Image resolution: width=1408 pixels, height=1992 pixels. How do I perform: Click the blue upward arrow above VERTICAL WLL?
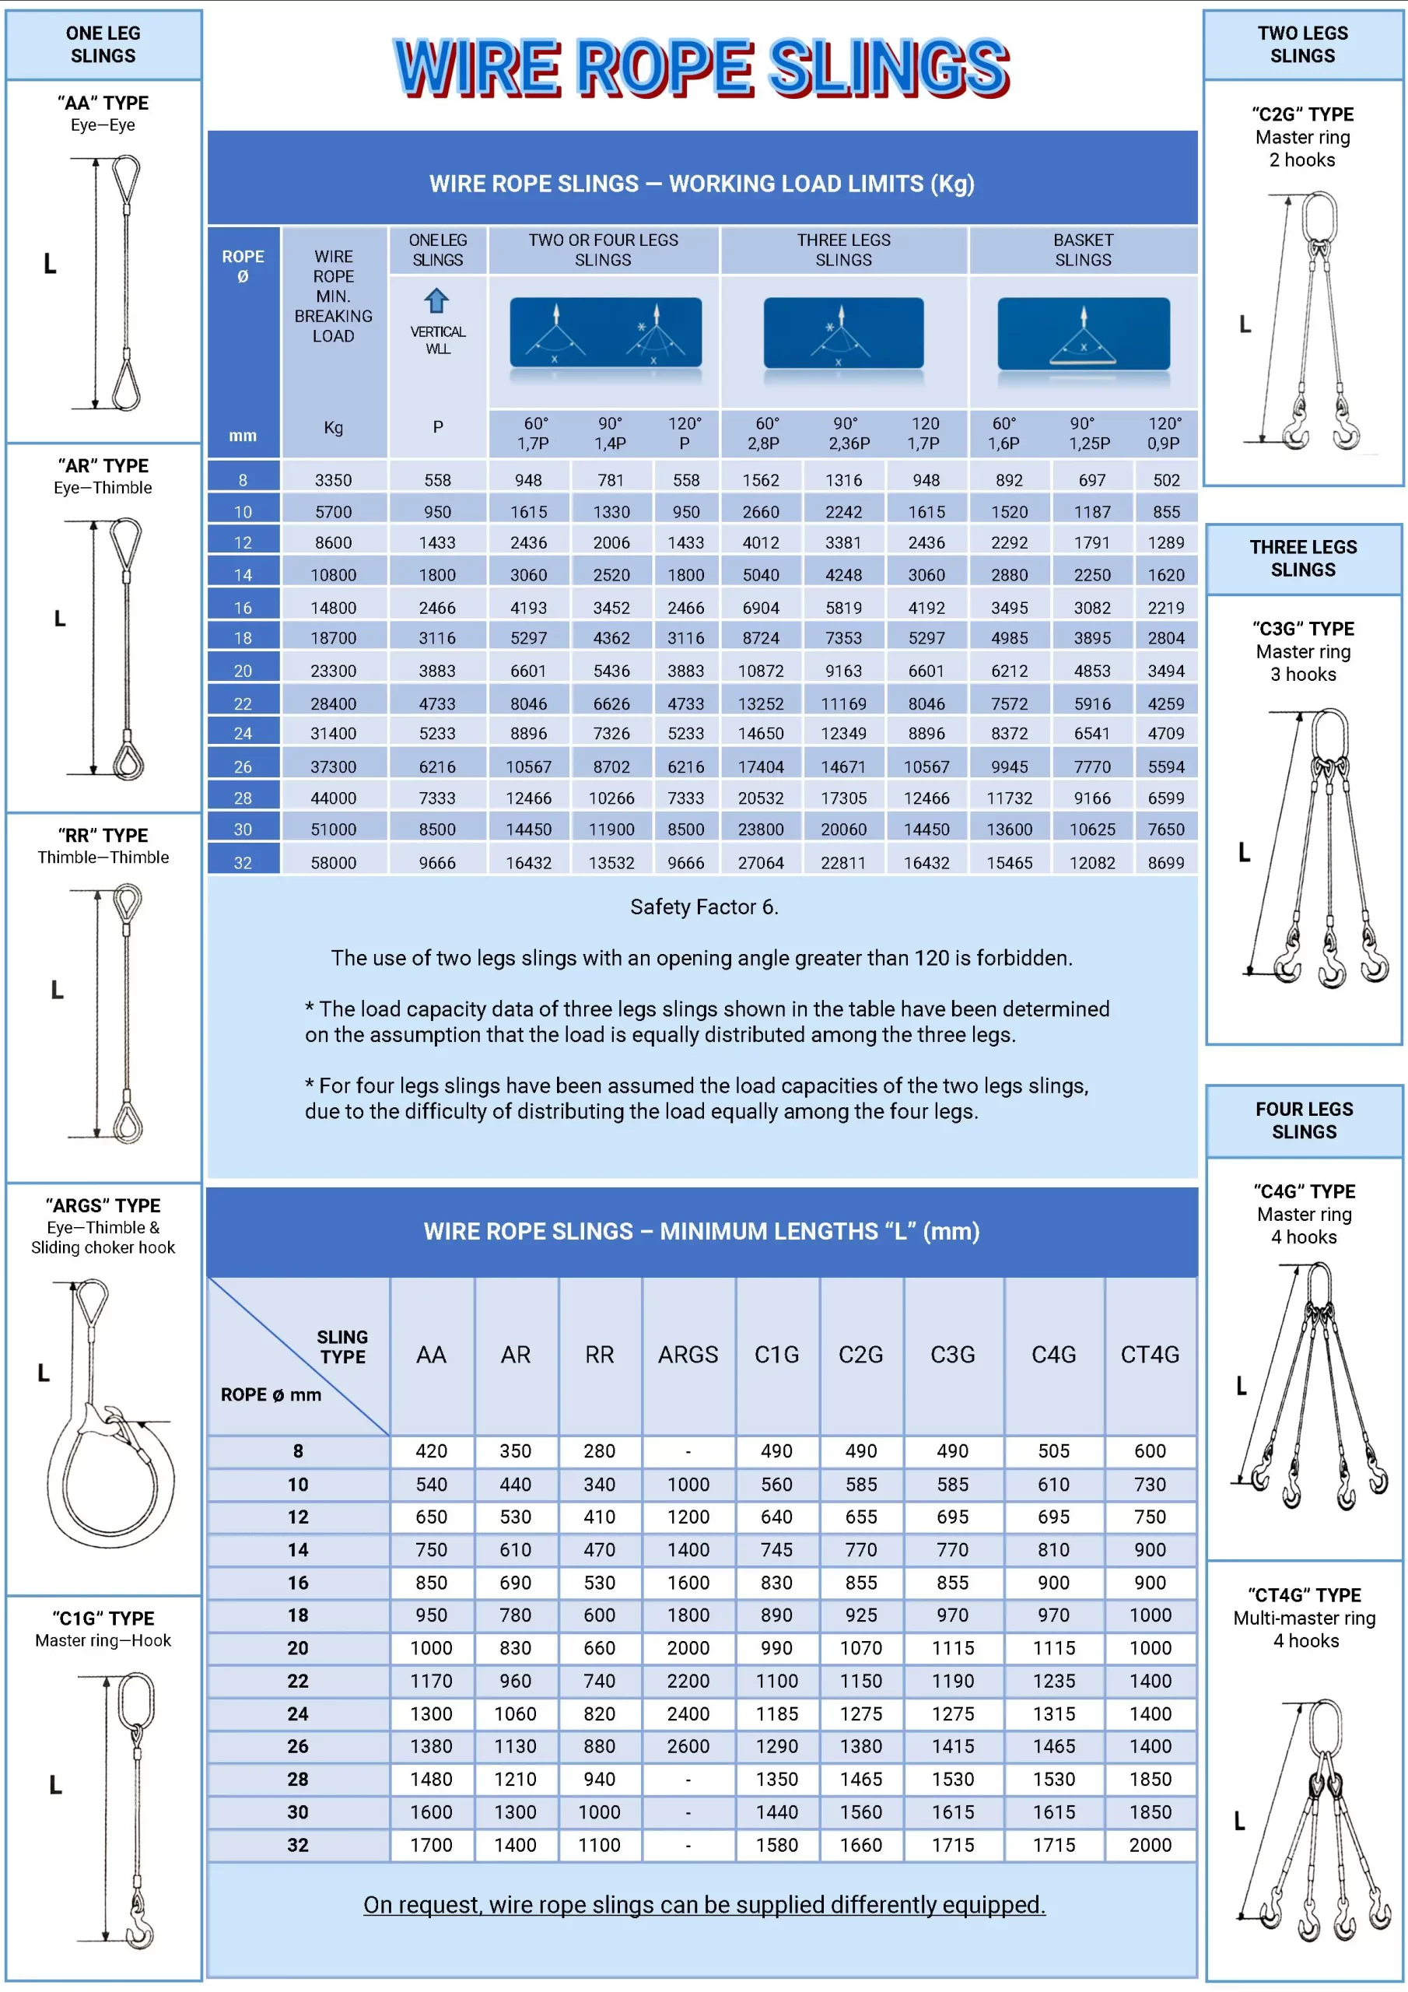[436, 300]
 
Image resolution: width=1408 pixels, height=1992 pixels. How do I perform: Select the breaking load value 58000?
[333, 862]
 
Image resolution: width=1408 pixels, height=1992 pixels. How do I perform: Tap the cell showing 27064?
[760, 862]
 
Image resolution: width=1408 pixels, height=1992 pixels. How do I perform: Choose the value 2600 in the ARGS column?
[687, 1745]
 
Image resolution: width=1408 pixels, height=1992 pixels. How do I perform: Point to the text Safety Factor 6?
[703, 907]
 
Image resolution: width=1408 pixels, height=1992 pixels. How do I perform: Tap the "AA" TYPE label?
[103, 103]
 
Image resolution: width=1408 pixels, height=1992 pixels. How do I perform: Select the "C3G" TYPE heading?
[1303, 628]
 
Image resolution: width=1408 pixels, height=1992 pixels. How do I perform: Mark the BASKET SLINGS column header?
[1083, 250]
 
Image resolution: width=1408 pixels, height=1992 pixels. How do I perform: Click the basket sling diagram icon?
[1083, 334]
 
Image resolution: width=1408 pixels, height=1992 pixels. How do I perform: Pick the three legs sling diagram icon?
[842, 334]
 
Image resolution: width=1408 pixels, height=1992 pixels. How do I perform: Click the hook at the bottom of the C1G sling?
[138, 1931]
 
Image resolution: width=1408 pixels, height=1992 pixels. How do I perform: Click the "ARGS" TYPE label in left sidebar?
[103, 1205]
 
